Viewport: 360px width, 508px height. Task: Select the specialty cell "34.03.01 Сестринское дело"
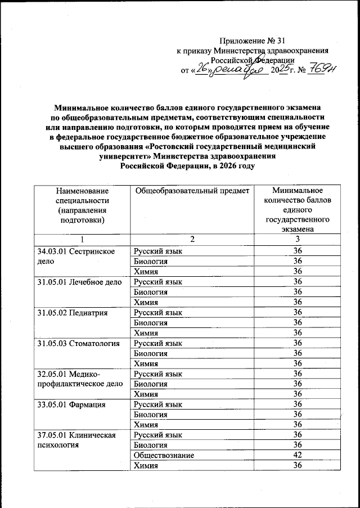tap(77, 256)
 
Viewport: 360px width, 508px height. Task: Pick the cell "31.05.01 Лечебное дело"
tap(79, 281)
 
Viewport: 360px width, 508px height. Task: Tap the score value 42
tap(298, 455)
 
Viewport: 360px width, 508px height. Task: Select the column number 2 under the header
tap(192, 240)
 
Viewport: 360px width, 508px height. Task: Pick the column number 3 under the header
tap(298, 240)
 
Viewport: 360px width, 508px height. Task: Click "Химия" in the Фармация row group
tap(145, 424)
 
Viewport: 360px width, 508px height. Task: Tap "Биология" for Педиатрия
tap(149, 322)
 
